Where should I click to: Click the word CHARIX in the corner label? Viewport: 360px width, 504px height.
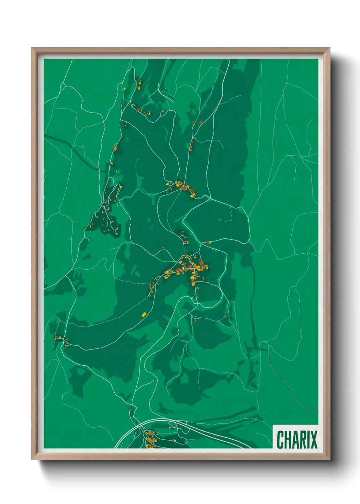click(x=297, y=440)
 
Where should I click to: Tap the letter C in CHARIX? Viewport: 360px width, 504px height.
click(x=281, y=440)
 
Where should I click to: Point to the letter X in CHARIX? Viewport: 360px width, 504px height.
click(x=313, y=440)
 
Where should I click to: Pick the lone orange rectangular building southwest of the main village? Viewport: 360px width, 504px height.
click(x=144, y=314)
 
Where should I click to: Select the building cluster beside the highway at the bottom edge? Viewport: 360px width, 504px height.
click(x=150, y=438)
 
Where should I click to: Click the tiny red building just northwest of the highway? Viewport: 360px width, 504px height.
click(x=130, y=410)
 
